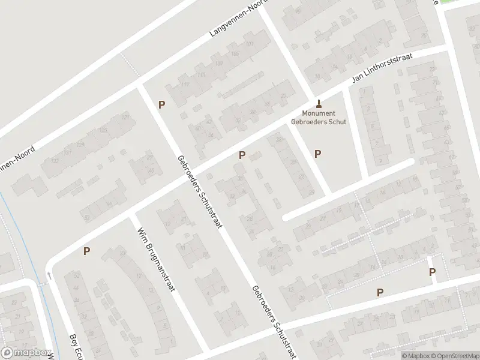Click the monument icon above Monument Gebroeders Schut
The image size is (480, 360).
(319, 102)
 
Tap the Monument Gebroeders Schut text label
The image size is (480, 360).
(319, 117)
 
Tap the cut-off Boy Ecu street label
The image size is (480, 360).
(75, 346)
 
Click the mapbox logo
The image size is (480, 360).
(25, 353)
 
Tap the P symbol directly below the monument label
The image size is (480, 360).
(317, 154)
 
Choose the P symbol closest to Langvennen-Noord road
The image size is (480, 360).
(161, 104)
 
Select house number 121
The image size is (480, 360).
(125, 118)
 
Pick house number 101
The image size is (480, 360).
(250, 44)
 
